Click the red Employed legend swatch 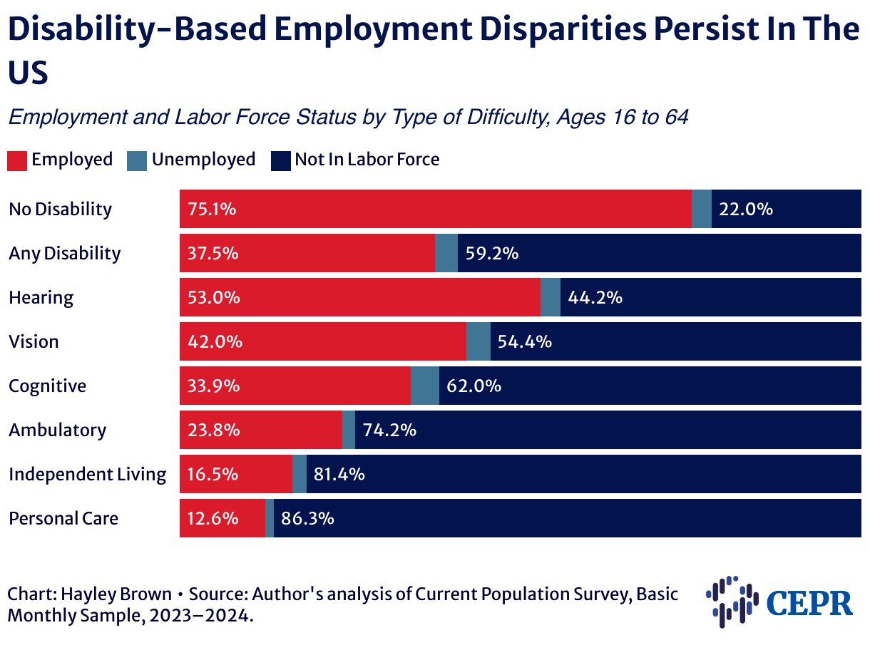point(18,160)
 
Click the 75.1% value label point(213,209)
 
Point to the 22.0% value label point(746,209)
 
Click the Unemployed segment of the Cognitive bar point(425,386)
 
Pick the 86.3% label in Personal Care point(308,518)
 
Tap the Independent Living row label point(87,474)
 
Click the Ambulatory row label point(57,430)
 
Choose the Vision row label point(34,341)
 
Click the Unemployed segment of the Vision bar point(478,341)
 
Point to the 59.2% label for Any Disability point(492,253)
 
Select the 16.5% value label point(213,474)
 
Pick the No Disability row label point(60,209)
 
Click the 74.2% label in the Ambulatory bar point(389,430)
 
